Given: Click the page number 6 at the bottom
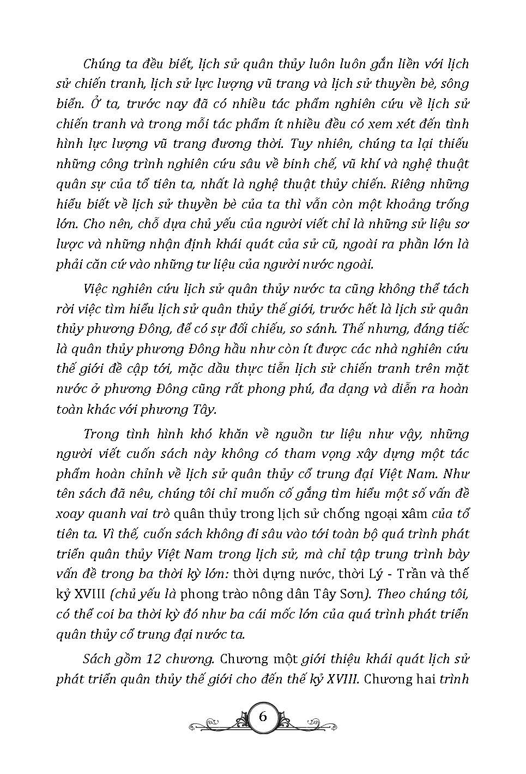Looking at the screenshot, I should click(x=263, y=717).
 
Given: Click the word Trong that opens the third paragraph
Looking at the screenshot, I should click(x=100, y=434).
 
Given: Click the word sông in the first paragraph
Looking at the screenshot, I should click(x=455, y=84).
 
